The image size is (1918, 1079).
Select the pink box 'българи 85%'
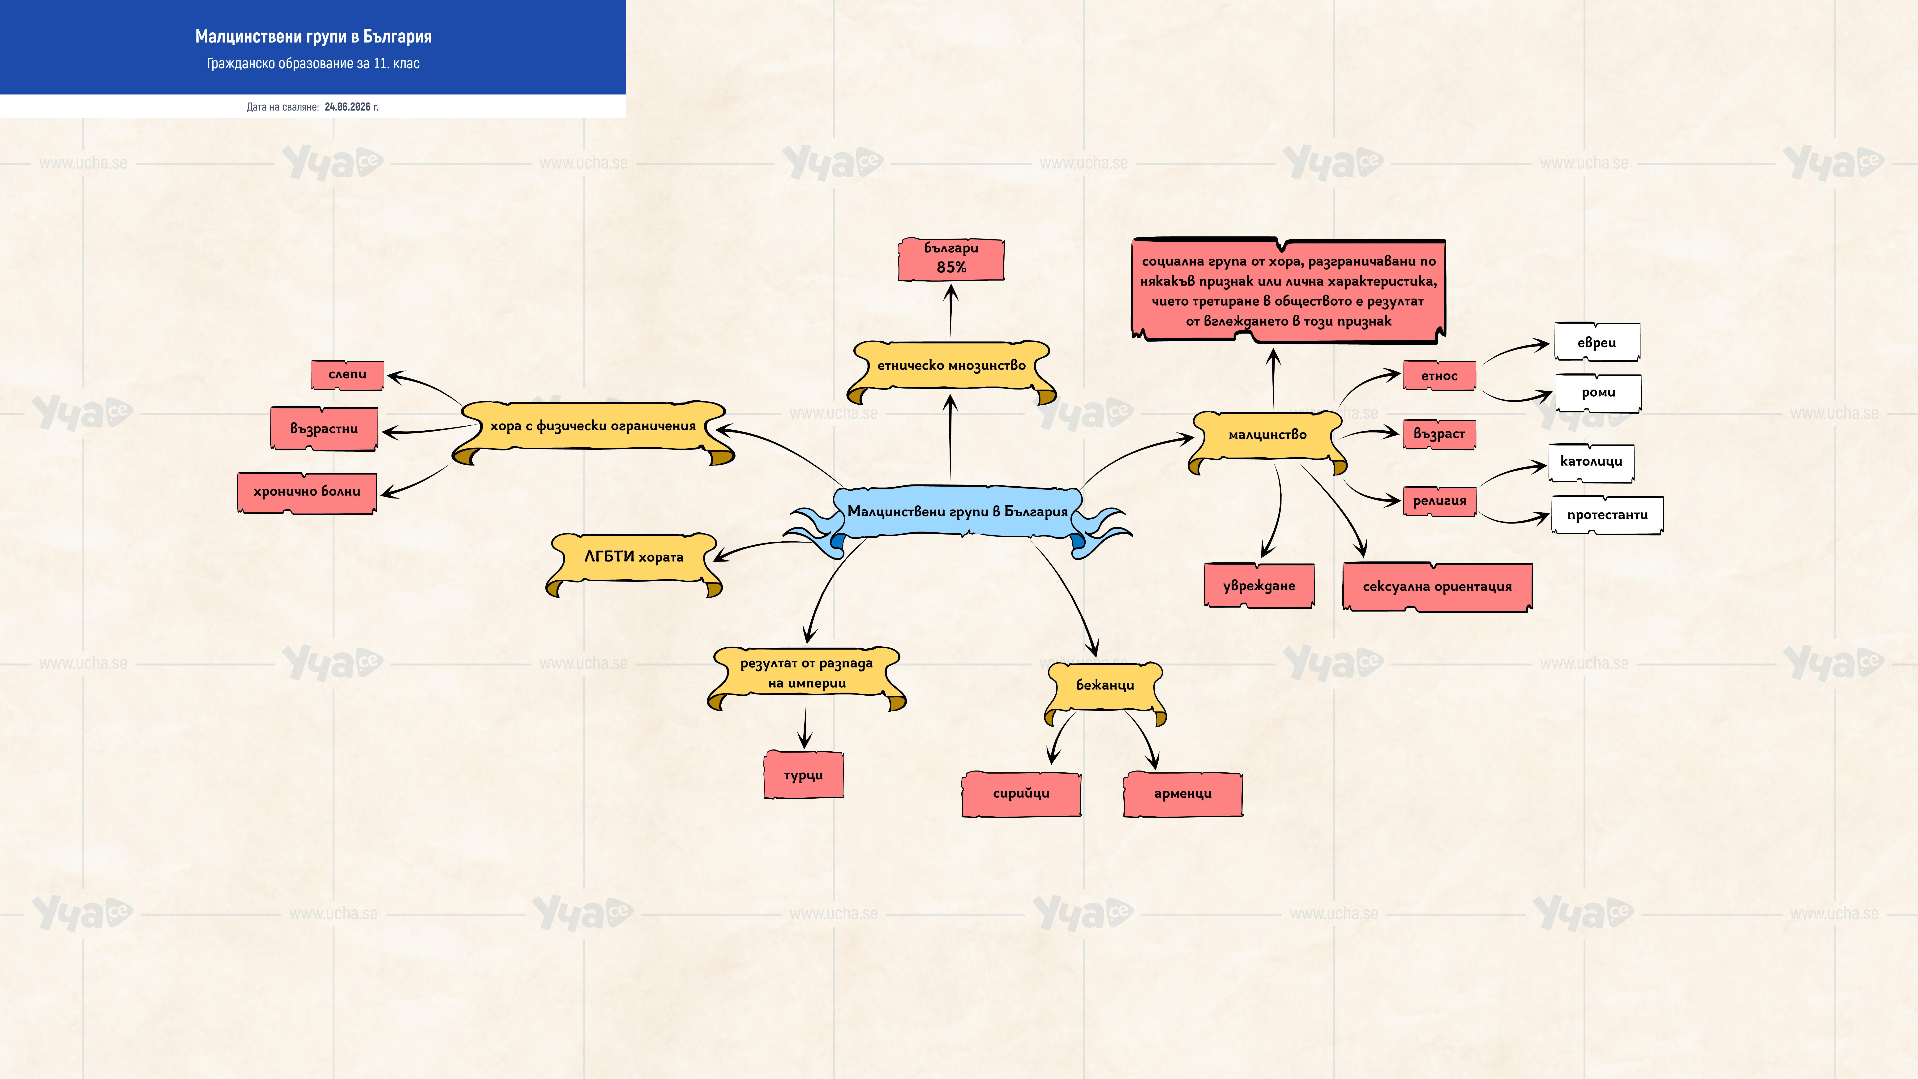pyautogui.click(x=951, y=259)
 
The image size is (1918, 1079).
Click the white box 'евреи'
pyautogui.click(x=1597, y=343)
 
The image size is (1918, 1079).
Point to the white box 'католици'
pyautogui.click(x=1591, y=462)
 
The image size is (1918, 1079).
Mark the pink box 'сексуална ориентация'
pyautogui.click(x=1437, y=587)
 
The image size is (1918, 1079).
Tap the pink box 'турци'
pyautogui.click(x=803, y=775)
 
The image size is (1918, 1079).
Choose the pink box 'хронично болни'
pyautogui.click(x=307, y=492)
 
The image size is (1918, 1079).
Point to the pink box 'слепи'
pyautogui.click(x=347, y=375)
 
